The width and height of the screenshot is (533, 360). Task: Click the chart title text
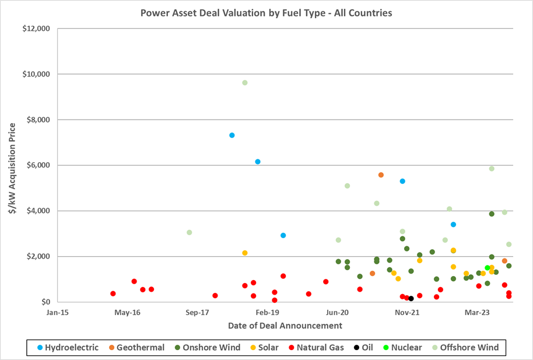coord(266,12)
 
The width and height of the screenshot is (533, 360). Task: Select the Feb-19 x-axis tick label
coord(267,312)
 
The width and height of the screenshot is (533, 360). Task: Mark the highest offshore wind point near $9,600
coord(245,83)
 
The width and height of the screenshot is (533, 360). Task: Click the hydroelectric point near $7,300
coord(232,135)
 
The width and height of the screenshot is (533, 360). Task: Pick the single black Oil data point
coord(411,298)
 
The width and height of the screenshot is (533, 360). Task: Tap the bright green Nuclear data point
coord(488,268)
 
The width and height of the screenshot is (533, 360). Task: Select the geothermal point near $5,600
coord(381,175)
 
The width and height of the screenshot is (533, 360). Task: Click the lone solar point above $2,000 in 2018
coord(245,253)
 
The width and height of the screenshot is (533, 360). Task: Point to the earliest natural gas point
coord(113,293)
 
